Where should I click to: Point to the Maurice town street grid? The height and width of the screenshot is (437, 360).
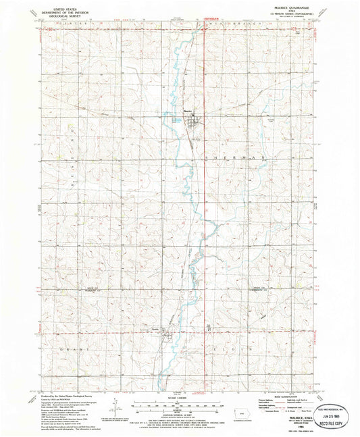click(192, 122)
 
